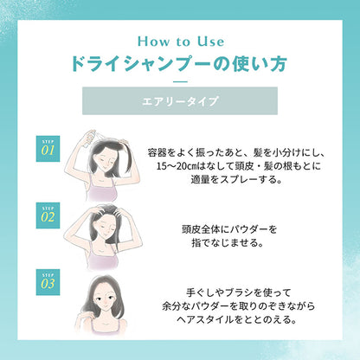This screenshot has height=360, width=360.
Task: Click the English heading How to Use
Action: pos(181,42)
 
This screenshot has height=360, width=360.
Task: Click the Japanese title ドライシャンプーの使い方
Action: pos(179,64)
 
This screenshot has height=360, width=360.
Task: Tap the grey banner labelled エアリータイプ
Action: pos(180,101)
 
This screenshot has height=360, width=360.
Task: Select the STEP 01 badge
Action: pos(48,149)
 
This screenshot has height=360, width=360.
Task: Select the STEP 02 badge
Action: pos(48,215)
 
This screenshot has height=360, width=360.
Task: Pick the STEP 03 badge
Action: pos(48,282)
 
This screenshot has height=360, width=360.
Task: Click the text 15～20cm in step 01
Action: pos(176,166)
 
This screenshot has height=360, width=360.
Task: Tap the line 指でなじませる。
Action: pos(228,242)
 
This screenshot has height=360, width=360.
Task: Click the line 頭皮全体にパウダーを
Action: pos(229,229)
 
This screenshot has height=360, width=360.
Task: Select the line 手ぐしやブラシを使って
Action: pos(238,292)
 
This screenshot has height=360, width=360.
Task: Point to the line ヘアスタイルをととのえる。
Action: pos(237,319)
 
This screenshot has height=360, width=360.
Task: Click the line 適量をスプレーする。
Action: pos(236,179)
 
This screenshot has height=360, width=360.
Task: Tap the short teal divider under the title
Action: pos(181,82)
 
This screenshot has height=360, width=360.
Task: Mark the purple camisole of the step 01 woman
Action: pos(102,189)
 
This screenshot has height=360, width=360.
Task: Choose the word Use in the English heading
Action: pos(210,42)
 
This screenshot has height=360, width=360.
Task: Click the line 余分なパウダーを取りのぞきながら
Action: pos(238,306)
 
